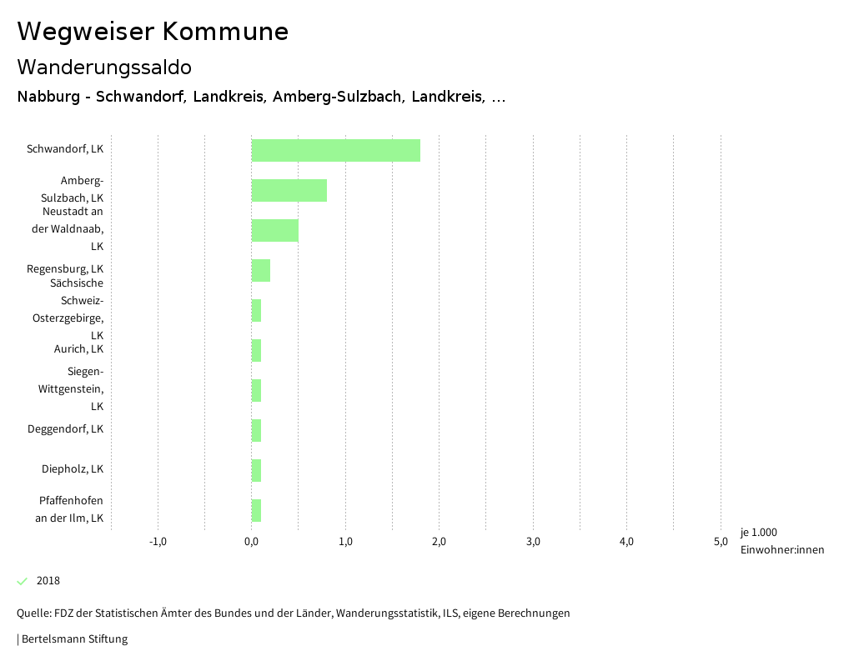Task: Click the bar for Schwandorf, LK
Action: [335, 150]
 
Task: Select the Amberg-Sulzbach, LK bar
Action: [289, 190]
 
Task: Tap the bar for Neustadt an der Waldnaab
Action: [274, 230]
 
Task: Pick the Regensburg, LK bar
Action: [260, 270]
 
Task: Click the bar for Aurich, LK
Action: [256, 350]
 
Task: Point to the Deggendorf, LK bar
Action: [256, 430]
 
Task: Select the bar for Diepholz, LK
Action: [256, 470]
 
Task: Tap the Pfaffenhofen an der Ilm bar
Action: [256, 510]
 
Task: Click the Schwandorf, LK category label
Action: [65, 150]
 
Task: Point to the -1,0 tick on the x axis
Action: [158, 542]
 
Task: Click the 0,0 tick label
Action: [251, 542]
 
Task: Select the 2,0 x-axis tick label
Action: [439, 542]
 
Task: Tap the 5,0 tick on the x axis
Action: [721, 542]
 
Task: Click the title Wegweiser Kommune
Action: [153, 32]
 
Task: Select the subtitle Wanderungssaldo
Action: [104, 67]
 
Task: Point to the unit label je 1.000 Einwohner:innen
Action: [781, 541]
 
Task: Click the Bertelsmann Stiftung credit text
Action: [73, 639]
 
